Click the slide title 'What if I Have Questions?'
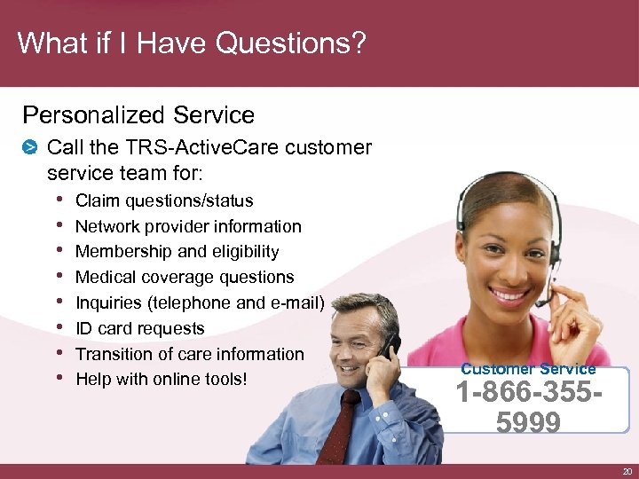(191, 43)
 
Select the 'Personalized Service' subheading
(138, 115)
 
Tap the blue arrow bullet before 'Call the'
(30, 146)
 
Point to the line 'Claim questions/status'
(164, 201)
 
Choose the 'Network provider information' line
(188, 227)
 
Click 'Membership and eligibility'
(177, 252)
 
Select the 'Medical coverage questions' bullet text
(185, 278)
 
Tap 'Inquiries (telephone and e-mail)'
(200, 302)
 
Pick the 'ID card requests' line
(140, 328)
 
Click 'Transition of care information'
(189, 354)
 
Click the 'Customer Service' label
(528, 369)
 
